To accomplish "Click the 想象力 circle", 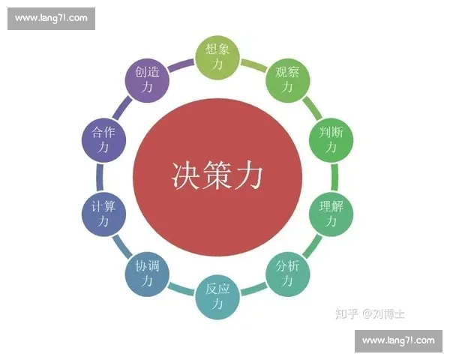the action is [217, 57].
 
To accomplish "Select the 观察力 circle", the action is [288, 80].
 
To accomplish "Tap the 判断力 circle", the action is [331, 140].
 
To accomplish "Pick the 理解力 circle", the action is [331, 214].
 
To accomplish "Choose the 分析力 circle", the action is [288, 274].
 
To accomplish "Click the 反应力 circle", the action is [217, 297].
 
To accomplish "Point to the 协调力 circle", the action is [147, 274].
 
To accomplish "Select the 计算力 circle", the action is [103, 214].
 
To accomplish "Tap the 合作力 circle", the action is [103, 140].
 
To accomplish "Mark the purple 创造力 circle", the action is [147, 80].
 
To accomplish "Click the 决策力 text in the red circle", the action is [217, 175].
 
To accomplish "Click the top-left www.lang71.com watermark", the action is [51, 19].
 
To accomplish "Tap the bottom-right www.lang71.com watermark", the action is [398, 341].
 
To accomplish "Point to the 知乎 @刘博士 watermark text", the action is [370, 313].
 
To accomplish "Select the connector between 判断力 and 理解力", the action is [334, 177].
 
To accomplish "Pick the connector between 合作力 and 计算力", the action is [100, 177].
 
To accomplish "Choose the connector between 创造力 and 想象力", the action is [181, 65].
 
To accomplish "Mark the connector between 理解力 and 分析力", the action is [313, 246].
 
